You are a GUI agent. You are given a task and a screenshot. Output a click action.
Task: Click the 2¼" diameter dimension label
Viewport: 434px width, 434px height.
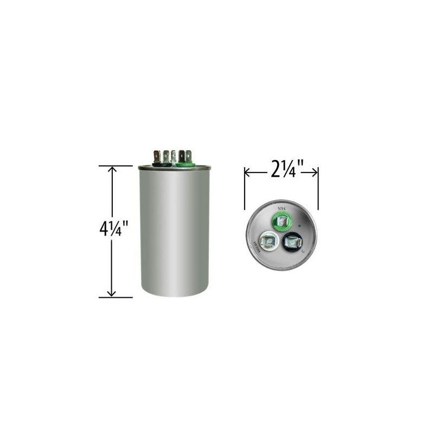(280, 172)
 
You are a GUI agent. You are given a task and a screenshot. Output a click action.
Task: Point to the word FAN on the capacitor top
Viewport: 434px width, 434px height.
(282, 207)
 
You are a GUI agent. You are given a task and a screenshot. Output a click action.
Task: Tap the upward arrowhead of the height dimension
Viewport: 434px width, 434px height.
(112, 170)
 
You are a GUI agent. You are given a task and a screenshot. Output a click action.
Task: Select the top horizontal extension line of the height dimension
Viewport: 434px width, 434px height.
(116, 166)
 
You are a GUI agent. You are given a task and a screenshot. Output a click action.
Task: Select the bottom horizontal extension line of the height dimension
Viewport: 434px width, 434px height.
(116, 297)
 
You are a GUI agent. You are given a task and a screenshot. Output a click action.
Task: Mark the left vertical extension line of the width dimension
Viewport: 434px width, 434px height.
(245, 187)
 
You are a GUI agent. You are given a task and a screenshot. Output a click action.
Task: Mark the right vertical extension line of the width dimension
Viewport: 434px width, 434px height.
(318, 187)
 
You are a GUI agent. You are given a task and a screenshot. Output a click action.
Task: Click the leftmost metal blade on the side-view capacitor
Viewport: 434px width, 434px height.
(156, 155)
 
